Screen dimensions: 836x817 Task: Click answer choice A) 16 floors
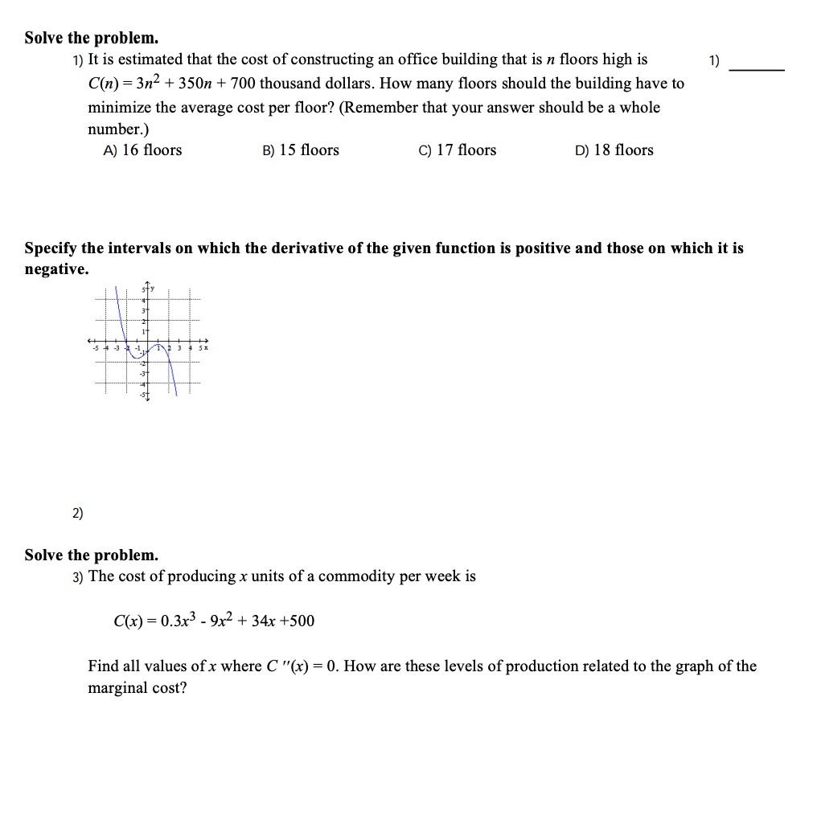coord(142,150)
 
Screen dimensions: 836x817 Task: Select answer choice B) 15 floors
coord(301,150)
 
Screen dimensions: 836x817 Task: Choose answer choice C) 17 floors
coord(458,150)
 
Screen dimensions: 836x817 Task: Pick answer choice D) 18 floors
coord(614,150)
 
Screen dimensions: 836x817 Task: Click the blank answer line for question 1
coord(756,71)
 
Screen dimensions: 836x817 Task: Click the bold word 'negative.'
coord(56,269)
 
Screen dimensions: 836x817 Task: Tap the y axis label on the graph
coord(150,289)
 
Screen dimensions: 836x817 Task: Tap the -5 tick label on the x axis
coord(95,347)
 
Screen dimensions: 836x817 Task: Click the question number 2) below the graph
coord(77,514)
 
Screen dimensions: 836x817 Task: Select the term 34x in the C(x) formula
coord(262,621)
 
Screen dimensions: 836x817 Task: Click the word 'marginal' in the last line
coord(120,688)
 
